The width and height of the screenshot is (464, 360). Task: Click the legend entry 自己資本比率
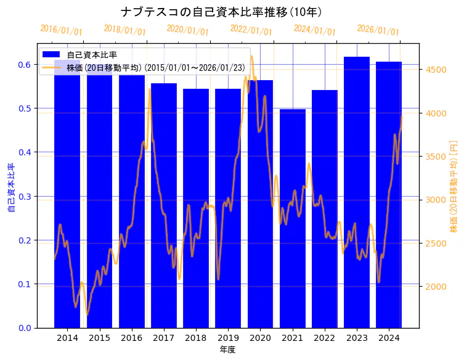tap(92, 55)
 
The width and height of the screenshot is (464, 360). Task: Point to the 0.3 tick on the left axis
tap(25, 197)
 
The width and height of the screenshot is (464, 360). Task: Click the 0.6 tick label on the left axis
tap(25, 65)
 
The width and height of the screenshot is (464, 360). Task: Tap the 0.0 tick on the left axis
tap(25, 328)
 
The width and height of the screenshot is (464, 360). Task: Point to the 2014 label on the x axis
tap(67, 338)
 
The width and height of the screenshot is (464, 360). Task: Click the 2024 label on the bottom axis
tap(389, 338)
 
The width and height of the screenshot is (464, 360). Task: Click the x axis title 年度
tap(227, 350)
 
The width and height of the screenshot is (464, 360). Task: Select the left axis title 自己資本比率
tap(10, 188)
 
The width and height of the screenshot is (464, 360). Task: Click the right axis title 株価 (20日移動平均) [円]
tap(454, 188)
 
